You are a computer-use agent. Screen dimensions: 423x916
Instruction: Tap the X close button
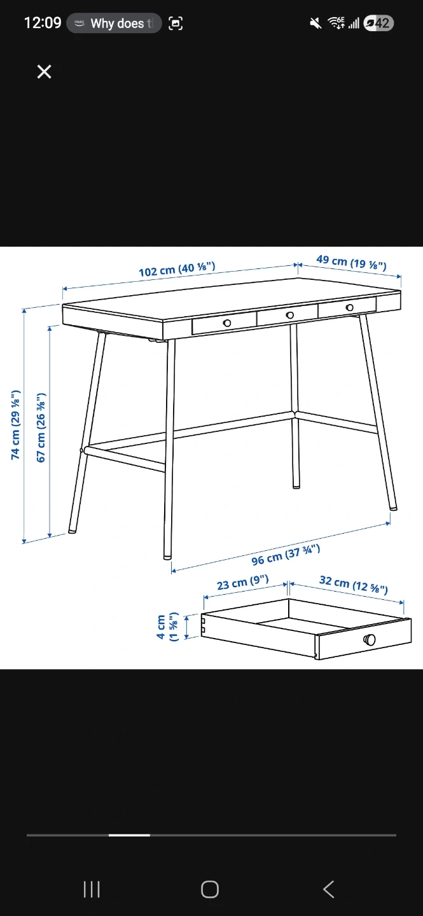point(44,71)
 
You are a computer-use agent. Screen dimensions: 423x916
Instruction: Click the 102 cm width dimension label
point(177,270)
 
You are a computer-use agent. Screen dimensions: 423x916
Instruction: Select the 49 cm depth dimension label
point(351,262)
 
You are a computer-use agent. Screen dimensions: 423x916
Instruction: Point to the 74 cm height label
point(15,424)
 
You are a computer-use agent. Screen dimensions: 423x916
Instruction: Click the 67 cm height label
point(41,427)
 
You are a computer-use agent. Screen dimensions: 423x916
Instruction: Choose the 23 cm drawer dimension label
point(242,582)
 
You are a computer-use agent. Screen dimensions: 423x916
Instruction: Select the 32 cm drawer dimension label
point(354,585)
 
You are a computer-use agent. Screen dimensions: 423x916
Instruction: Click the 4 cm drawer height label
point(167,627)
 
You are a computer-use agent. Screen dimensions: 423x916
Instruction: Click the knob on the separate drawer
point(370,639)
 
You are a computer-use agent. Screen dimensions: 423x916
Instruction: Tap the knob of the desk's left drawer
point(227,323)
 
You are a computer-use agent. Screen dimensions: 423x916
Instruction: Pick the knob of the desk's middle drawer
point(289,315)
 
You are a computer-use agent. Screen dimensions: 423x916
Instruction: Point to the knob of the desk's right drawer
point(349,307)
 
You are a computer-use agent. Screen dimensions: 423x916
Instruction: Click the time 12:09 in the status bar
point(43,23)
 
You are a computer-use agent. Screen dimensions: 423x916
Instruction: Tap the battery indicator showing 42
point(379,23)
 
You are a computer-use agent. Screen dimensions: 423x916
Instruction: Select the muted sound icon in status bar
point(316,24)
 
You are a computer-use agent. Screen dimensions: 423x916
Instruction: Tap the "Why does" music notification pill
point(114,24)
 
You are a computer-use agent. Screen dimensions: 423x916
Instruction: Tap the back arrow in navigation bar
point(329,889)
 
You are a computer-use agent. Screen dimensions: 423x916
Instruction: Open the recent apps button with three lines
point(92,889)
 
